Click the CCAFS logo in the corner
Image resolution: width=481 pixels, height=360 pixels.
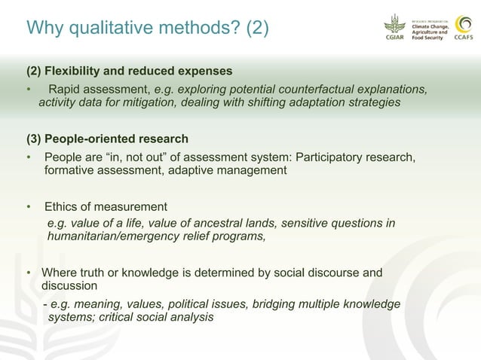pyautogui.click(x=463, y=29)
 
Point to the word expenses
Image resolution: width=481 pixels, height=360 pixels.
pyautogui.click(x=205, y=72)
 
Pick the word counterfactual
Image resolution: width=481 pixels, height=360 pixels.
pyautogui.click(x=300, y=90)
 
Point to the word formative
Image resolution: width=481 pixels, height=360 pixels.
pyautogui.click(x=72, y=170)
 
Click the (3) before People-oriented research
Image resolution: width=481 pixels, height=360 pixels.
pyautogui.click(x=34, y=139)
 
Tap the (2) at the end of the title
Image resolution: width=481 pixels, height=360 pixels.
pyautogui.click(x=254, y=28)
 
